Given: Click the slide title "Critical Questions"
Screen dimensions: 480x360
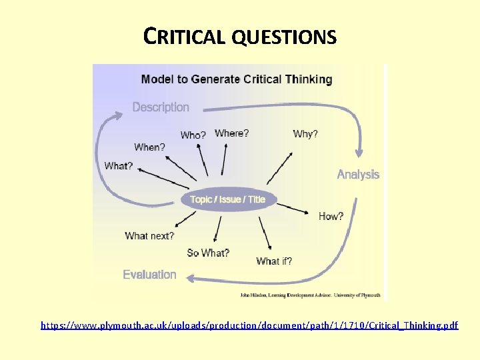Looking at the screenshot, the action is click(240, 36).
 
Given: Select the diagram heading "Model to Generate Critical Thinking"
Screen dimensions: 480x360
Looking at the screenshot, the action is click(236, 79).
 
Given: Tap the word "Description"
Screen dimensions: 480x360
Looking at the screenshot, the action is click(161, 107).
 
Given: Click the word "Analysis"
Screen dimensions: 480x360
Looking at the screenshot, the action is click(358, 175).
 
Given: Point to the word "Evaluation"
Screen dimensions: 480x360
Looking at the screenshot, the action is click(149, 275).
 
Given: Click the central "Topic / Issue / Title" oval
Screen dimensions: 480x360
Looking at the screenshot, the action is click(227, 199).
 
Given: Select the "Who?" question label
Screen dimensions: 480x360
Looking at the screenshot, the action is click(193, 135).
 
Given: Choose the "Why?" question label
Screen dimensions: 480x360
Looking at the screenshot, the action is click(305, 134).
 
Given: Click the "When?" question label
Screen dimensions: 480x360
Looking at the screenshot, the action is click(149, 147).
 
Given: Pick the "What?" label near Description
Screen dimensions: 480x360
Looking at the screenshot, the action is click(119, 165).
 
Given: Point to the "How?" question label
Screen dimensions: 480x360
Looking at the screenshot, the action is click(331, 217).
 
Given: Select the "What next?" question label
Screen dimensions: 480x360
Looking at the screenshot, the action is click(149, 235).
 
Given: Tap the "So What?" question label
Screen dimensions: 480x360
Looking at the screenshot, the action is click(208, 253).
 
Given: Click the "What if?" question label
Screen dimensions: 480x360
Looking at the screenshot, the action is click(274, 261).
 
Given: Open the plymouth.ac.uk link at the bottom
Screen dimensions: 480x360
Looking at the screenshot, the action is click(249, 325).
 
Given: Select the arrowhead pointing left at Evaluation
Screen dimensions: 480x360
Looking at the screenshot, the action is click(190, 279).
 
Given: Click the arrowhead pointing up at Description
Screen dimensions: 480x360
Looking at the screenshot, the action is click(118, 115).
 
